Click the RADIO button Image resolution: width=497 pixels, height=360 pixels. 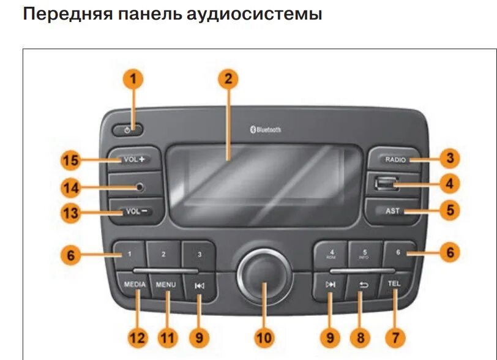tap(394, 160)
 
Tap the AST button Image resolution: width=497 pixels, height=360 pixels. tap(392, 211)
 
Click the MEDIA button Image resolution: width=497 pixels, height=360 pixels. tap(135, 285)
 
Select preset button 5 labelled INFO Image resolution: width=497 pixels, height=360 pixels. tap(365, 253)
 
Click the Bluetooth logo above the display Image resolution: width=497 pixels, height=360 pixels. tap(265, 129)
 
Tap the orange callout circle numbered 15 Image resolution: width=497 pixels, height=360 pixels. tap(71, 160)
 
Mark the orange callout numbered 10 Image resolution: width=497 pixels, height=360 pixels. tap(263, 337)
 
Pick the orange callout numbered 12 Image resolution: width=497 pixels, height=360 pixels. tap(138, 337)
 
